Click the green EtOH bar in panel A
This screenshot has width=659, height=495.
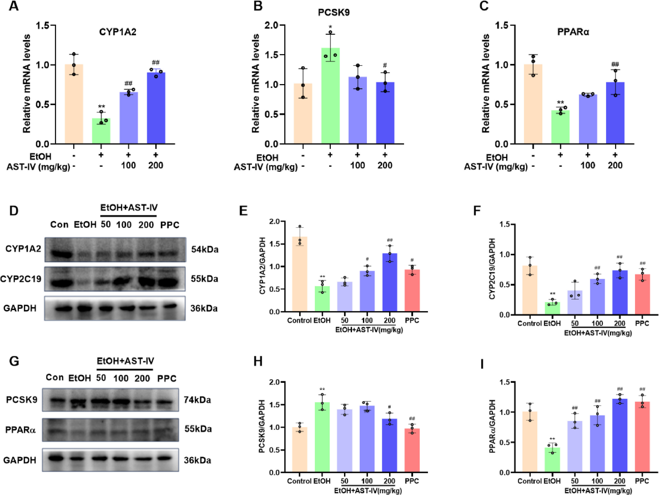tap(101, 131)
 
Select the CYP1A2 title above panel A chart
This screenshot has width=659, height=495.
tap(118, 32)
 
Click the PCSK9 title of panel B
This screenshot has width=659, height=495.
tap(334, 12)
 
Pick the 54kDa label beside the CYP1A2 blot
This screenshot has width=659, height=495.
tap(205, 249)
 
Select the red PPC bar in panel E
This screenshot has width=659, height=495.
tap(412, 290)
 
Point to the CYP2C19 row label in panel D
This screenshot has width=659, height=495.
tap(21, 279)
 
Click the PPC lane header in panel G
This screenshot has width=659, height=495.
tap(167, 379)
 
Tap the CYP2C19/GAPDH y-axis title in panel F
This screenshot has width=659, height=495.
tap(492, 268)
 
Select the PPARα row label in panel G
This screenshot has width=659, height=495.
tap(20, 430)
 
